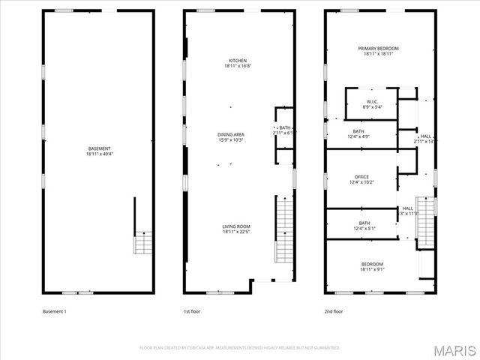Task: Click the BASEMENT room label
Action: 99,148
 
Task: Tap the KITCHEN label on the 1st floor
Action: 237,61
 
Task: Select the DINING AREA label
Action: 231,134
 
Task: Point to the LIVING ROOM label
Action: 235,226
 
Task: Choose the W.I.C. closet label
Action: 373,102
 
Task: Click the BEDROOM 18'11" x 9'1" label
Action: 373,264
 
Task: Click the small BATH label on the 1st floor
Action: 284,128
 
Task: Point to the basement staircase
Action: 142,243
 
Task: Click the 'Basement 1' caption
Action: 55,310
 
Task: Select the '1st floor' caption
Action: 192,310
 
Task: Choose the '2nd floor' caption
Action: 333,310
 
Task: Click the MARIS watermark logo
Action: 452,348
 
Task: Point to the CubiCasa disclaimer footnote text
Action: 240,347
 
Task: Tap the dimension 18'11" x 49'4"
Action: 99,154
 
